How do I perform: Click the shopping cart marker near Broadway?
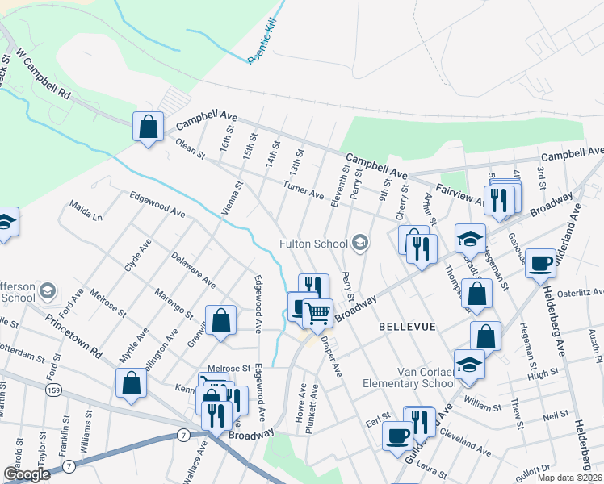(x=318, y=311)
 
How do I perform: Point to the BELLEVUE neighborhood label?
(x=407, y=326)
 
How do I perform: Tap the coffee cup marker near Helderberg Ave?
(x=540, y=263)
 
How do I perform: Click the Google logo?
(x=27, y=474)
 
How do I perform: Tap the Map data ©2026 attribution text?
(x=568, y=478)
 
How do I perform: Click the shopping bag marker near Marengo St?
(x=220, y=320)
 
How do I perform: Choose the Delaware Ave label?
(x=193, y=270)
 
